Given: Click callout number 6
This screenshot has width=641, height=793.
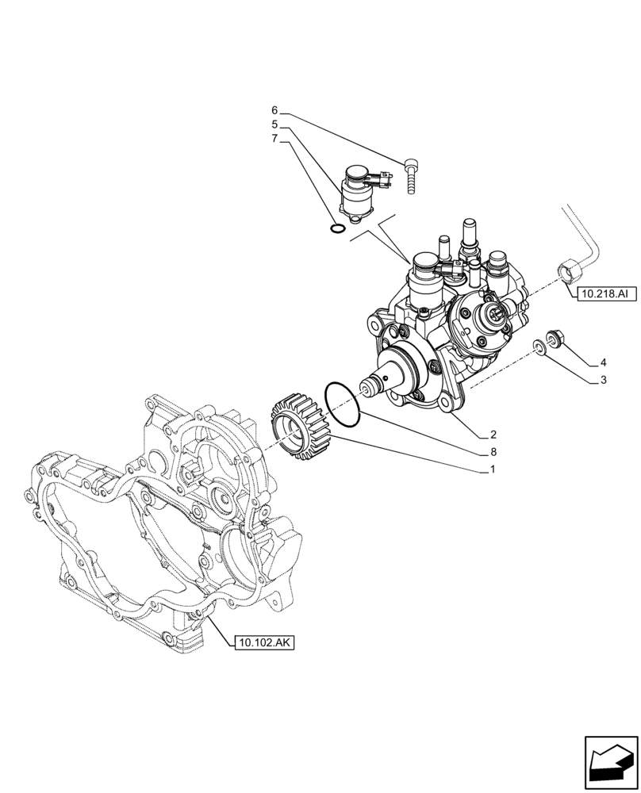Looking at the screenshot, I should tap(274, 110).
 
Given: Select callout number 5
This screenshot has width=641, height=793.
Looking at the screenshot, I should tap(274, 125).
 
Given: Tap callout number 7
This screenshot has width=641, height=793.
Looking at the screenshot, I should tap(274, 139).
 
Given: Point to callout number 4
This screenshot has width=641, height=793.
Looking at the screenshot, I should tap(603, 363).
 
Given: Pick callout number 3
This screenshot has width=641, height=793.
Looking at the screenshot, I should tap(603, 381).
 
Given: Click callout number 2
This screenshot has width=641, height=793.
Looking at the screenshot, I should tap(493, 435).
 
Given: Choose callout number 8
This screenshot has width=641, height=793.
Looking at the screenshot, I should tap(493, 452).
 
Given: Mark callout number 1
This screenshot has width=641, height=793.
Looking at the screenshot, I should tap(493, 469).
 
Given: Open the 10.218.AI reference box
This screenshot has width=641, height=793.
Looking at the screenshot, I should tap(604, 294).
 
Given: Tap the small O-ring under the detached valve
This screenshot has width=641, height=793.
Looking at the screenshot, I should tap(337, 230).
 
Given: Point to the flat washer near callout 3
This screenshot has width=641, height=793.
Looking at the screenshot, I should tap(539, 346).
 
